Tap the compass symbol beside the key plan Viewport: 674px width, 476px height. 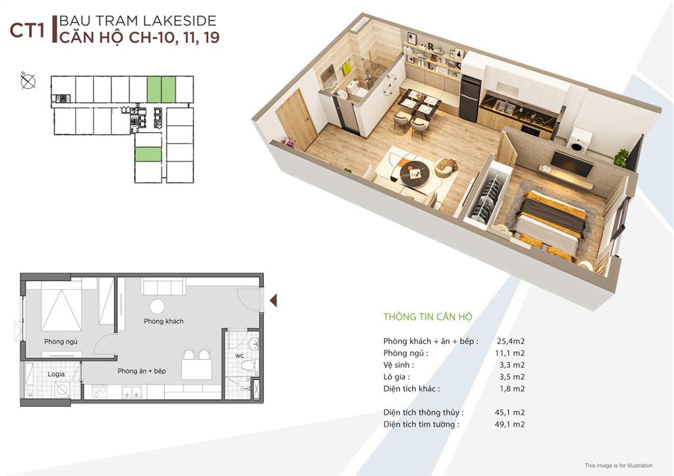pyautogui.click(x=28, y=82)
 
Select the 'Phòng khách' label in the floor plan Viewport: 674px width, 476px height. pyautogui.click(x=164, y=321)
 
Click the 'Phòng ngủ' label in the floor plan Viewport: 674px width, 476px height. pyautogui.click(x=61, y=342)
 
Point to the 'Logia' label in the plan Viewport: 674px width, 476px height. pyautogui.click(x=56, y=374)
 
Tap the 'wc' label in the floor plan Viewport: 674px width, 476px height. pyautogui.click(x=240, y=357)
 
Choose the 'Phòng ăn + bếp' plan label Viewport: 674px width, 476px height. pyautogui.click(x=142, y=371)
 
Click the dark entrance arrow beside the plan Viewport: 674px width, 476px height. pyautogui.click(x=273, y=301)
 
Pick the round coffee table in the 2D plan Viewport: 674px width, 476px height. pyautogui.click(x=157, y=306)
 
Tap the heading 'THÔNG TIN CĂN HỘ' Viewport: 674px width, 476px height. pyautogui.click(x=428, y=317)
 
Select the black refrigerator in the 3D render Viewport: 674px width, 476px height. pyautogui.click(x=469, y=99)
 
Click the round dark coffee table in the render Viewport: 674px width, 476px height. pyautogui.click(x=415, y=172)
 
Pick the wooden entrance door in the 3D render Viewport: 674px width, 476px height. pyautogui.click(x=296, y=119)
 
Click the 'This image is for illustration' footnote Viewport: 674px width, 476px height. pyautogui.click(x=623, y=465)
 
